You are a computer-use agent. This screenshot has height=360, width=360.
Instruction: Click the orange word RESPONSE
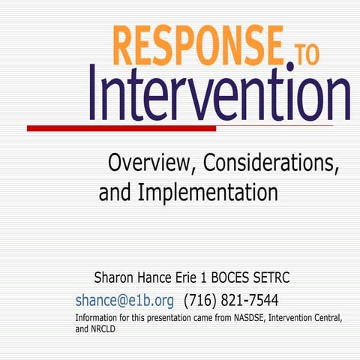point(197,46)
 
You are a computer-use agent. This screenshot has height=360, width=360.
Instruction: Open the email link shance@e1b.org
point(124,301)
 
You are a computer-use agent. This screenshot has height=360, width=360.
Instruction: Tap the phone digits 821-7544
point(250,301)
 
